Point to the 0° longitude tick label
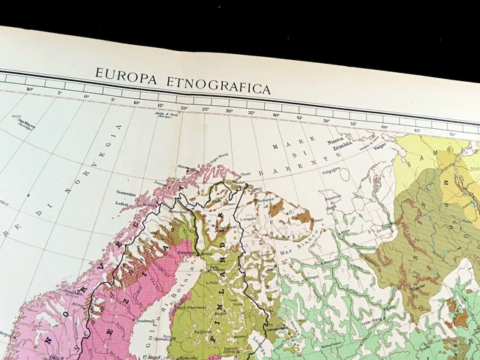tap(85, 97)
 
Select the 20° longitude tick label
tap(184, 108)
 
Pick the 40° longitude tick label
tap(276, 115)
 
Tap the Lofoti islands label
tap(124, 203)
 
